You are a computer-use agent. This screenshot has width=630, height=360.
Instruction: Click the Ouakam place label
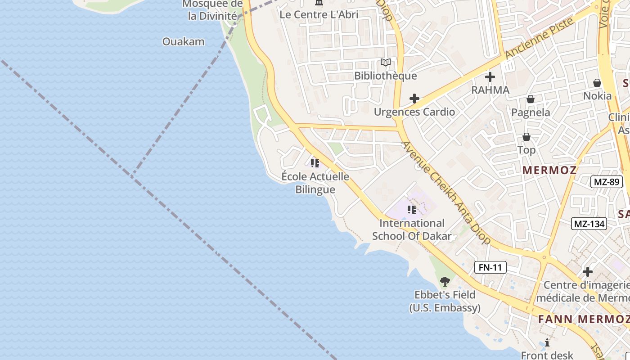coord(183,42)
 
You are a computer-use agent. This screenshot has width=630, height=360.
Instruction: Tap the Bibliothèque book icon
coord(386,63)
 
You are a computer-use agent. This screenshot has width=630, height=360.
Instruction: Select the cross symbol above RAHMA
coord(490,77)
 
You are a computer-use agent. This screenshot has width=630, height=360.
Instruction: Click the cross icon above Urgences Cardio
coord(414,99)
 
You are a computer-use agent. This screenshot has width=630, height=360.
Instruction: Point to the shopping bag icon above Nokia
coord(597,83)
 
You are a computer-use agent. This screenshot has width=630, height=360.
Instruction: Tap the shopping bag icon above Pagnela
coord(531,99)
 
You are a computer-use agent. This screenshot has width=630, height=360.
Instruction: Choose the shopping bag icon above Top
coord(526,137)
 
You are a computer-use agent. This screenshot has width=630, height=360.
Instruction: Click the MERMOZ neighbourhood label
coord(549,170)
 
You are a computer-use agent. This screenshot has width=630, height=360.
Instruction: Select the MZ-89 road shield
coord(606,182)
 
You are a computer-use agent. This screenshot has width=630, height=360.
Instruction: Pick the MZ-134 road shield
coord(589,224)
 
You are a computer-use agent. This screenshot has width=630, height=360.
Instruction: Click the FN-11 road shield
coord(490,267)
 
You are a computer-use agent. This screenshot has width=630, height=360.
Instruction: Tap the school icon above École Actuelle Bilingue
coord(315,163)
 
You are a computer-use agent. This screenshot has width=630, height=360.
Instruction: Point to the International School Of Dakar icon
coord(411,210)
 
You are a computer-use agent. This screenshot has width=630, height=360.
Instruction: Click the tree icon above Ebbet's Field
coord(445,282)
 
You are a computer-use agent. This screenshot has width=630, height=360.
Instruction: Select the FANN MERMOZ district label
coord(584,319)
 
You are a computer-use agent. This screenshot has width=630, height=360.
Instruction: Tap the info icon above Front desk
coord(547,342)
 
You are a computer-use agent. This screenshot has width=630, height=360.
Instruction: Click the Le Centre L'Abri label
coord(319,14)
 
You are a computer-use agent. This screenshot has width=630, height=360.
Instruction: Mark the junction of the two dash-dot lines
coord(132,175)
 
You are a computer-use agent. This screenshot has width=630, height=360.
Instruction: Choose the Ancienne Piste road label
coord(540,39)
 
